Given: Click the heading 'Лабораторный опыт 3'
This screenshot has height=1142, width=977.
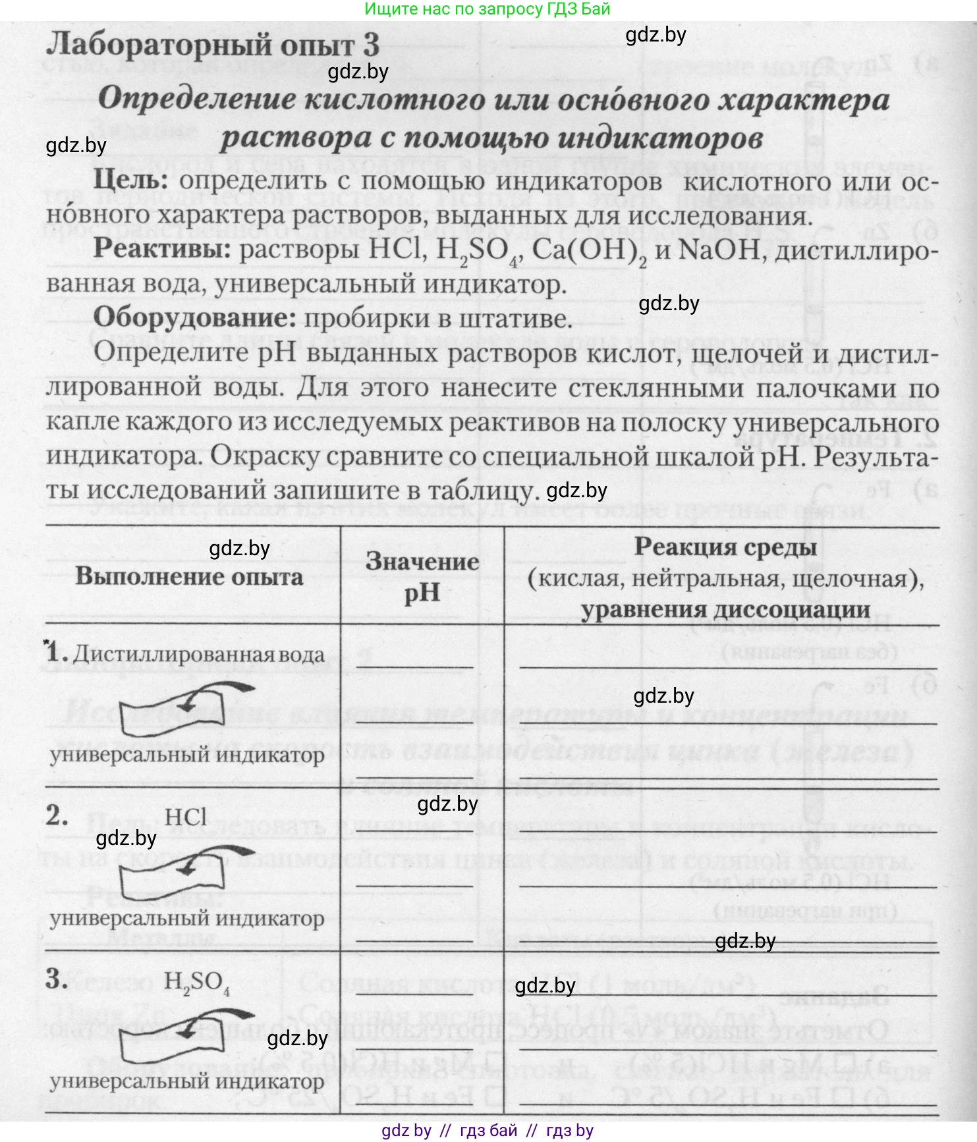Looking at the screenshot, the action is click(x=213, y=45).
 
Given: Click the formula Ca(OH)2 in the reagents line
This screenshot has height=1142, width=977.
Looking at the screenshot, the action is click(x=589, y=252).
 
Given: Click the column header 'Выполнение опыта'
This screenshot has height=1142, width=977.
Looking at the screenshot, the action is click(x=189, y=576).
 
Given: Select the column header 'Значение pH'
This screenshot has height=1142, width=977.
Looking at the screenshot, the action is click(x=422, y=577).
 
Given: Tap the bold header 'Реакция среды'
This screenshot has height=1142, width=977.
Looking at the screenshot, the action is click(x=725, y=547).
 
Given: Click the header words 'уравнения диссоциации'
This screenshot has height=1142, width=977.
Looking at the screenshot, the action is click(x=725, y=610).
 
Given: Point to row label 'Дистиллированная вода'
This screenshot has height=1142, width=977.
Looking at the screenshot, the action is click(x=198, y=654).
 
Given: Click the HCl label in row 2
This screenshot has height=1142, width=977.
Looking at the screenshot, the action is click(x=186, y=817).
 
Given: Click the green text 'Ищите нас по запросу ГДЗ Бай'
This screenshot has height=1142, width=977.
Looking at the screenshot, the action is click(x=488, y=9).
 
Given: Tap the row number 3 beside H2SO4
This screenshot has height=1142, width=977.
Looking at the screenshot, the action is click(x=57, y=979).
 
